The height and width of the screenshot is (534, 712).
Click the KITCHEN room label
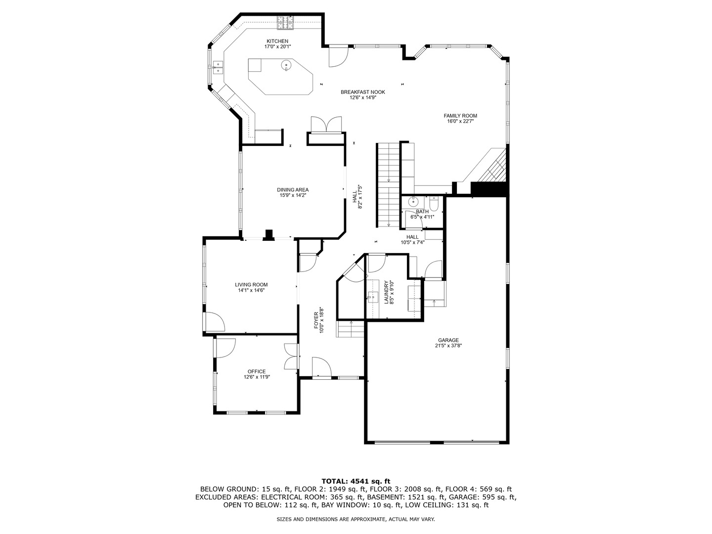click(x=277, y=41)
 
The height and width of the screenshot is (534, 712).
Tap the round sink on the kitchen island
click(x=286, y=65)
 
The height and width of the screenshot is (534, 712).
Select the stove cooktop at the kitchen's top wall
click(x=285, y=21)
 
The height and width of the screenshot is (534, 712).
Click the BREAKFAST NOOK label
click(x=362, y=92)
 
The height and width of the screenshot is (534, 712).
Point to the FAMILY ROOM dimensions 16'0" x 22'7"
click(x=460, y=121)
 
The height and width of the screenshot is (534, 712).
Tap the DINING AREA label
click(x=293, y=190)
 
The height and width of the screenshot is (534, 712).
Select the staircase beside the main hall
click(x=389, y=183)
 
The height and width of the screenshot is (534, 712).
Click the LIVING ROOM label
click(x=251, y=285)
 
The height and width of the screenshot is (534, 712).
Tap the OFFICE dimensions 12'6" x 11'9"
click(x=257, y=377)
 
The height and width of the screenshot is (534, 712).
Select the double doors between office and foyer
click(x=292, y=356)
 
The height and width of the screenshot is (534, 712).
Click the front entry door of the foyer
click(x=321, y=368)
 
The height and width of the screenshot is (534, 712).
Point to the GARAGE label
click(x=448, y=340)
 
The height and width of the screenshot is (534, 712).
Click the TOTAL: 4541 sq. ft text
click(x=356, y=481)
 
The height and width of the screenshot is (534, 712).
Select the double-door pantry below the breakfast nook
click(x=326, y=125)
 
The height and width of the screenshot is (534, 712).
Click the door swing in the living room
click(x=214, y=322)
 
